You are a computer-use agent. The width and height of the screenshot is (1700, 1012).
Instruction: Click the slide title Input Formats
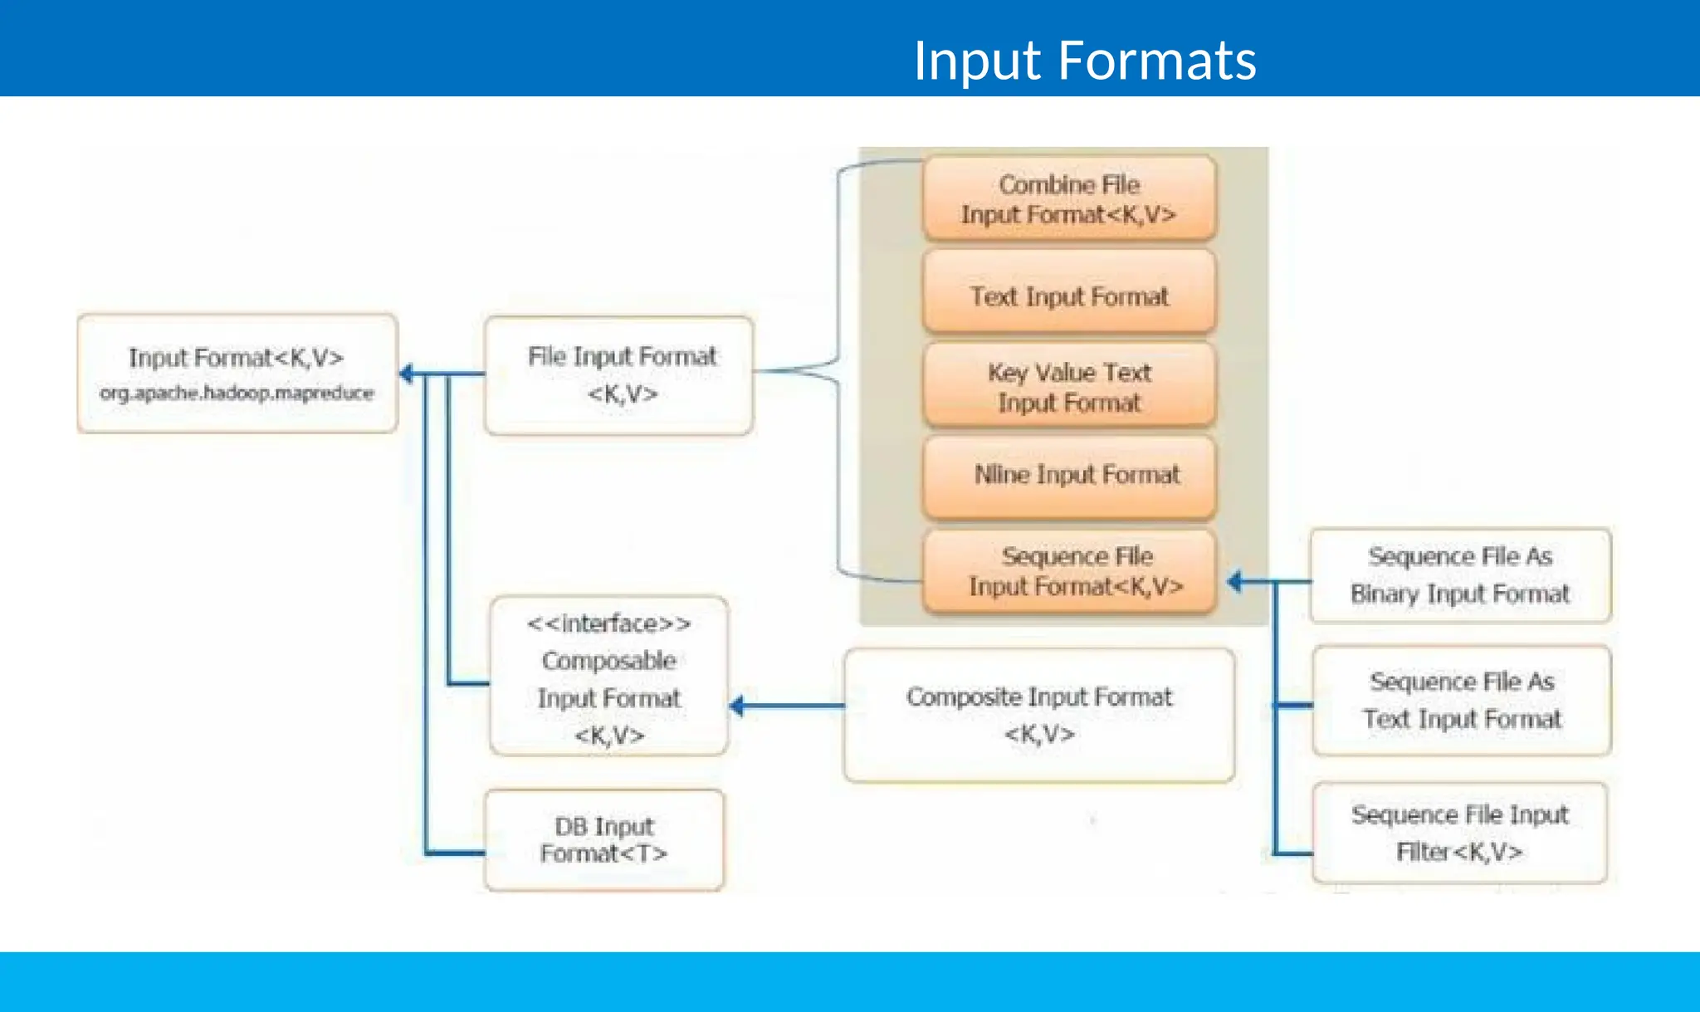coord(1084,61)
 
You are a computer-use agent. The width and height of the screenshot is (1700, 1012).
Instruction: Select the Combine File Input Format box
coord(1069,199)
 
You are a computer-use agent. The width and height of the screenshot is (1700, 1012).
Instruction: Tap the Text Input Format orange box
coord(1069,296)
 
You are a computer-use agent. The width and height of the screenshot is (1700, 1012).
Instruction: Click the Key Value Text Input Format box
coord(1069,388)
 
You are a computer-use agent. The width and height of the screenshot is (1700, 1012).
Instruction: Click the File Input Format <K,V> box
coord(620,374)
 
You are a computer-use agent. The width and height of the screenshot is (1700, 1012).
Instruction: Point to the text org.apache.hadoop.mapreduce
coord(237,393)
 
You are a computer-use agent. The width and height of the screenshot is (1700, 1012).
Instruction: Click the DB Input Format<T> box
coord(604,839)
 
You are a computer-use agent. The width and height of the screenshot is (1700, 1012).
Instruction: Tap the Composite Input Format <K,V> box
coord(1038,715)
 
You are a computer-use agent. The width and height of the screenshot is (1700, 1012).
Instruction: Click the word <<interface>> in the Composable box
coord(608,623)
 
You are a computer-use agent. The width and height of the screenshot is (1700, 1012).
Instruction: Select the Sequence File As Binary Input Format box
coord(1460,574)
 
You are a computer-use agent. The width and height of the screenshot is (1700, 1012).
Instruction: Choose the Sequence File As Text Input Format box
coord(1462,700)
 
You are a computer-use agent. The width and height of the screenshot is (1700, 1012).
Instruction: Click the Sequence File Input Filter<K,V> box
coord(1459,833)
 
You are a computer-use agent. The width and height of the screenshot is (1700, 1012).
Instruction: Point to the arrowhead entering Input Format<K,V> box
coord(407,374)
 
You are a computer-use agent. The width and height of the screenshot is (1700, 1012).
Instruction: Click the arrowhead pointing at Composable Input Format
coord(736,706)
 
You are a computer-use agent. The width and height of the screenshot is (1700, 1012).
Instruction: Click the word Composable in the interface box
coord(608,661)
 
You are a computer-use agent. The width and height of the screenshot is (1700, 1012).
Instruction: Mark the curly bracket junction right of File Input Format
coord(834,369)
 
